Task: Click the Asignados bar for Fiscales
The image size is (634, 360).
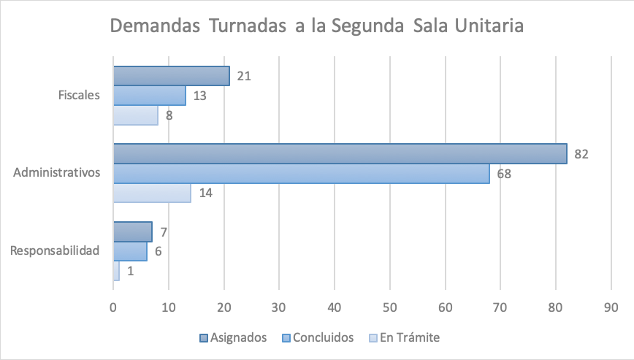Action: pos(171,76)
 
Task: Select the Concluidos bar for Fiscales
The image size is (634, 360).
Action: pos(149,96)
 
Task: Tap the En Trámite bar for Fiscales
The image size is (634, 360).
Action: pos(135,115)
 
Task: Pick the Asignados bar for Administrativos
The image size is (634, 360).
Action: pos(340,154)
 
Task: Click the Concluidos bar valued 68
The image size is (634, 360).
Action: pos(301,174)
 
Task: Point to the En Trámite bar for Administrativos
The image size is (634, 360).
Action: pos(152,193)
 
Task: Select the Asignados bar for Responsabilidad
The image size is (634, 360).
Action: pos(132,231)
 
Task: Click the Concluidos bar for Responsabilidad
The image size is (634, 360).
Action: pos(130,251)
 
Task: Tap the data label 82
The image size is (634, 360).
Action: pos(581,154)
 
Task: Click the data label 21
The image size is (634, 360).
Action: pos(244,76)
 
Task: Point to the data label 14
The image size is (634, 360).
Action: pos(205,193)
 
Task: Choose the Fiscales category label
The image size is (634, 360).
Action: pos(79,96)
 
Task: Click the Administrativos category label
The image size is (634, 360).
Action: pos(56,173)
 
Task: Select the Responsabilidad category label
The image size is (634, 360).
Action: pos(55,251)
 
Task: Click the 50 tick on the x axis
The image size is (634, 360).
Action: pos(389,307)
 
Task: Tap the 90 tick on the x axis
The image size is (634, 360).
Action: pos(611,307)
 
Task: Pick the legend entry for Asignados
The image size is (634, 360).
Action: pos(233,337)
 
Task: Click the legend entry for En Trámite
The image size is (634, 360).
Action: pos(404,337)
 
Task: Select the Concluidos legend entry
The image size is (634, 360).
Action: pos(318,337)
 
